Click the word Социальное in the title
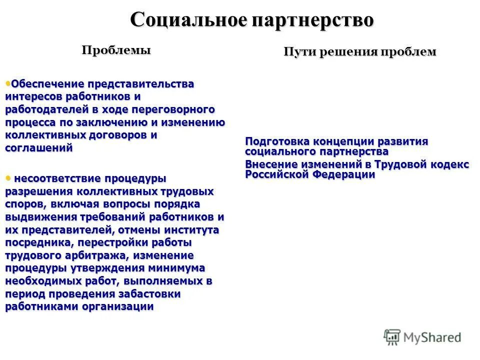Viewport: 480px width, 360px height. (x=189, y=20)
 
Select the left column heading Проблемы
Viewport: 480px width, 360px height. (x=116, y=50)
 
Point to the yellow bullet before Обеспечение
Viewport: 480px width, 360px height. (x=7, y=82)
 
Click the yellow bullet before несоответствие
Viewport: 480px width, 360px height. (x=7, y=177)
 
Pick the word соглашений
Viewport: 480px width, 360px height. (x=39, y=148)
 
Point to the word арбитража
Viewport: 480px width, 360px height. (x=96, y=255)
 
